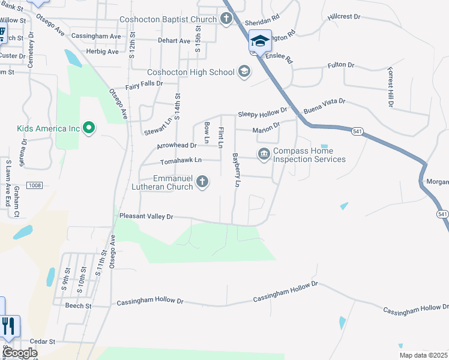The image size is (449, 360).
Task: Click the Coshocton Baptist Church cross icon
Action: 226,19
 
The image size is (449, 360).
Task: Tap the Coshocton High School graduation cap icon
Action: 244,72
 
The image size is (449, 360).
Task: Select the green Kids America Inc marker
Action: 89,128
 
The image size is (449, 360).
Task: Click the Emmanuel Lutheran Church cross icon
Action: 203,182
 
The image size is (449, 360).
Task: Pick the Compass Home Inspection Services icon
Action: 264,155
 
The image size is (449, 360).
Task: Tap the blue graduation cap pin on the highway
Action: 260,41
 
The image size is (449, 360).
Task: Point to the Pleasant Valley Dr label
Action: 146,216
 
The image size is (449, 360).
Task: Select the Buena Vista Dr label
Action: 325,106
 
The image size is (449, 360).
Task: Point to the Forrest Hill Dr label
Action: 390,87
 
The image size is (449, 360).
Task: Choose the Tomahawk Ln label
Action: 181,161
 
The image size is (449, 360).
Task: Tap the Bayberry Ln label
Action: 236,170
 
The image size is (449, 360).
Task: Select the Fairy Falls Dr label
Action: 143,84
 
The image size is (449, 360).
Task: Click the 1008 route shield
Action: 34,187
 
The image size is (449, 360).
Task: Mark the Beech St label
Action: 78,305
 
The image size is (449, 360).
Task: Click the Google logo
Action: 20,353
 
